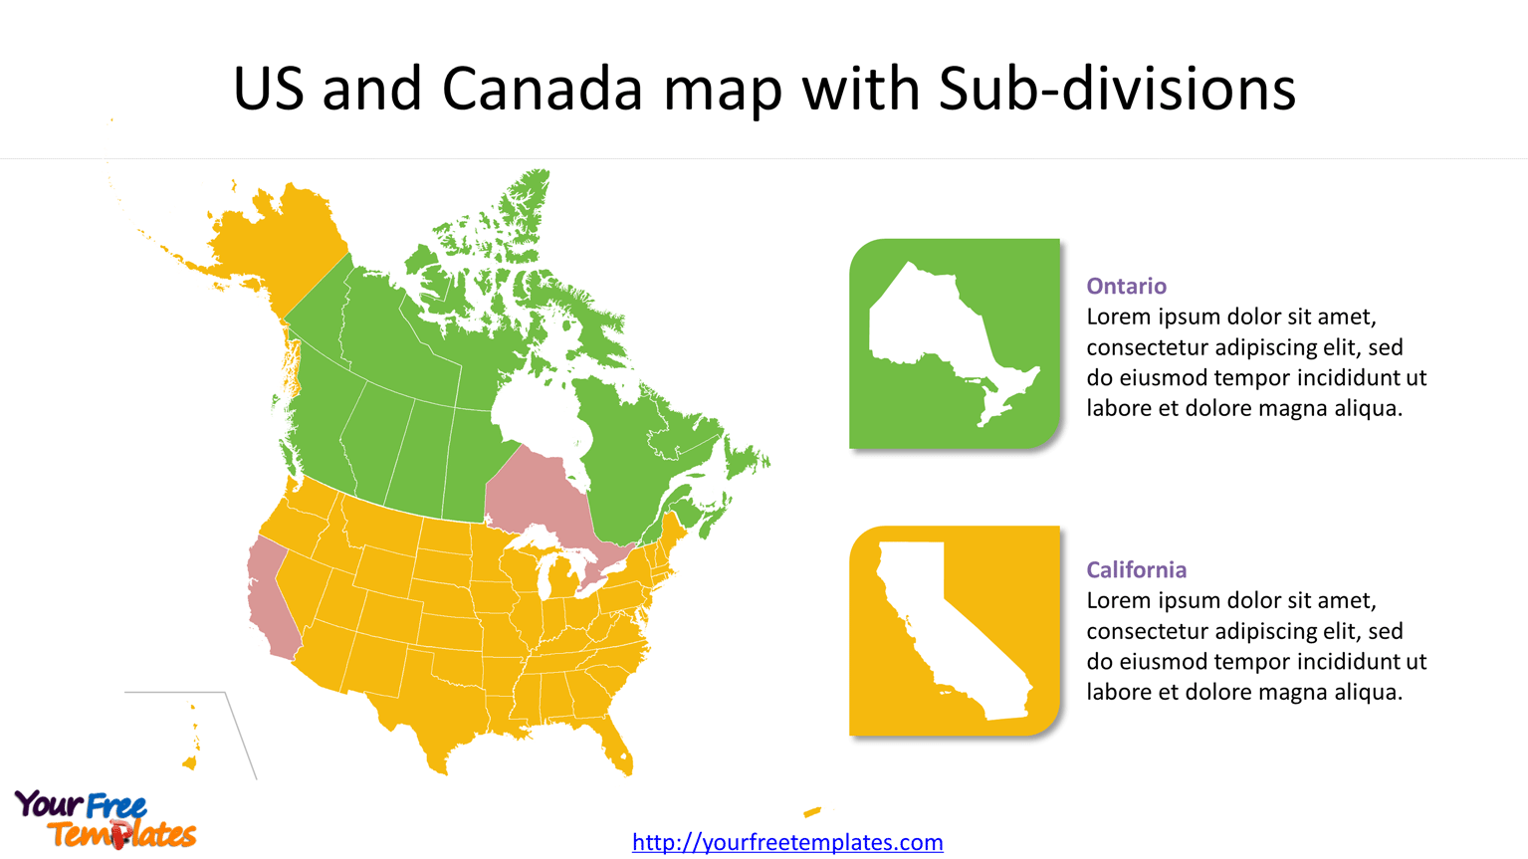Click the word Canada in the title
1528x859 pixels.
543,89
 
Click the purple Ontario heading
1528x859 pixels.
1126,287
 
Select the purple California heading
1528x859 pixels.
1136,570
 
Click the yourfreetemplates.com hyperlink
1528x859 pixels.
787,842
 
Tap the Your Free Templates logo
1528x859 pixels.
105,820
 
